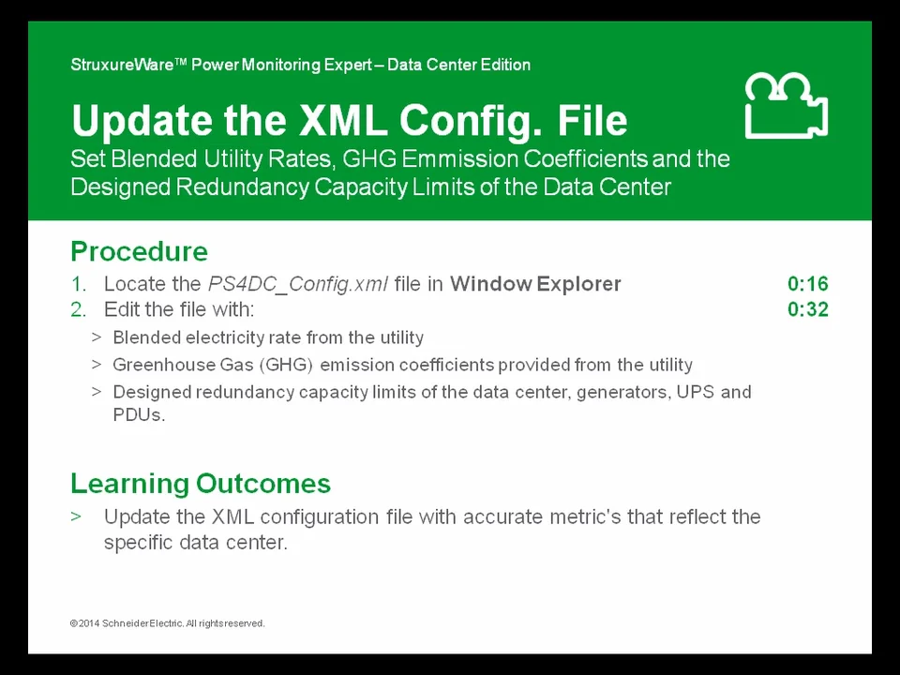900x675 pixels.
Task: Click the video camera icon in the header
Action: (x=786, y=106)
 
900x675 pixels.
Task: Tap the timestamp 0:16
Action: (x=807, y=284)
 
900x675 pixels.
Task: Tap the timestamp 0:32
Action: (x=807, y=309)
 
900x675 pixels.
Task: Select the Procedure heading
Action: (x=139, y=251)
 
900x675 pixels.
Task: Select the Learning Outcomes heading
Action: (x=200, y=484)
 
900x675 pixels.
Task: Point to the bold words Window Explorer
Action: (x=535, y=284)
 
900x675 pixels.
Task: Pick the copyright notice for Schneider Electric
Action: (x=167, y=623)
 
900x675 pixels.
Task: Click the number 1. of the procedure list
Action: (x=78, y=284)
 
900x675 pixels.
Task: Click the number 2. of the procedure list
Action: (x=78, y=309)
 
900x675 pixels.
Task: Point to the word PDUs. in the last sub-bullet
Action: (x=139, y=414)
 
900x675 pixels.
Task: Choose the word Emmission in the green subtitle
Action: (x=448, y=158)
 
